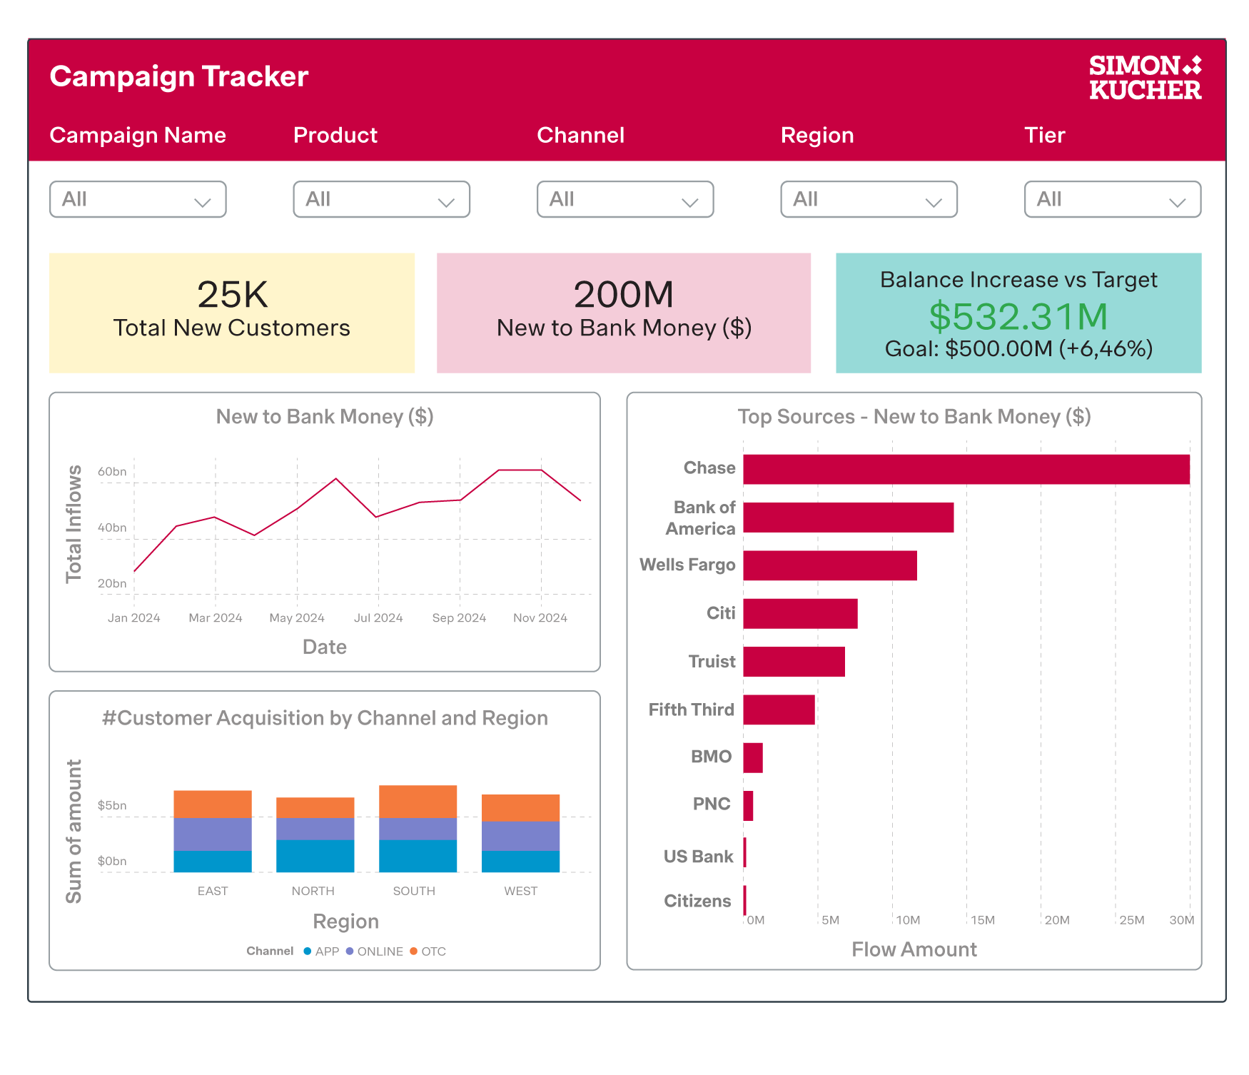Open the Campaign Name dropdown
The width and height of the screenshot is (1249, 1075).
[x=138, y=199]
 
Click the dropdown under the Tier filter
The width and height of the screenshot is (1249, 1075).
[x=1112, y=199]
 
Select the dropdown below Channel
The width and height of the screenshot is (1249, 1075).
[x=624, y=199]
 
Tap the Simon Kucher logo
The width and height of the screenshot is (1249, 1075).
[x=1145, y=77]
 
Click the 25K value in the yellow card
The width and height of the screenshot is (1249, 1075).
[x=232, y=294]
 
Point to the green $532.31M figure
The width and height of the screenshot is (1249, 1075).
[x=1018, y=316]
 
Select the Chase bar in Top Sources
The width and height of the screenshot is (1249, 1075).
[x=966, y=469]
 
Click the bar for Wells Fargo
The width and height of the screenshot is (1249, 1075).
[x=829, y=565]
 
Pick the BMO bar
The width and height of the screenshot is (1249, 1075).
[x=752, y=757]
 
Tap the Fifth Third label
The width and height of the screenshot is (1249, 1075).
[x=691, y=710]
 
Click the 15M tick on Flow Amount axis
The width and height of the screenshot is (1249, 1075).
[x=982, y=920]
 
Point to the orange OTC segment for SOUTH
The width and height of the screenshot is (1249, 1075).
[x=418, y=801]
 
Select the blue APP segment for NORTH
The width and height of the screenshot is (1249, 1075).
[x=315, y=856]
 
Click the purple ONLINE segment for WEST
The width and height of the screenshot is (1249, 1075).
[x=520, y=836]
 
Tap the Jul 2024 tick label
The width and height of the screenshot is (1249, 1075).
[x=378, y=618]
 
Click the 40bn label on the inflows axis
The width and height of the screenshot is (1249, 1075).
[x=112, y=528]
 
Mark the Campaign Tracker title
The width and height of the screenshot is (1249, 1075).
[x=178, y=76]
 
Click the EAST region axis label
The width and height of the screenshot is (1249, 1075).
[x=213, y=891]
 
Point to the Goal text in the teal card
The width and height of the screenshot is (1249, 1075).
[x=1018, y=349]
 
